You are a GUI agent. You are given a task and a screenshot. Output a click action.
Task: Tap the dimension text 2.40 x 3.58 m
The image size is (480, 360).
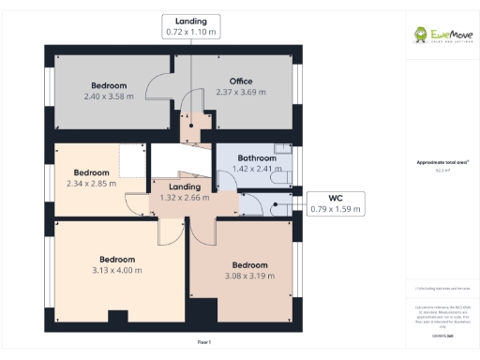click(108, 96)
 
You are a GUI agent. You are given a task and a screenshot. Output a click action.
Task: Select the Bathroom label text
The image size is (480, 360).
click(257, 158)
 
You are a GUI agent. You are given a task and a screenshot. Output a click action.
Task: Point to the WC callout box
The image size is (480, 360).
click(335, 203)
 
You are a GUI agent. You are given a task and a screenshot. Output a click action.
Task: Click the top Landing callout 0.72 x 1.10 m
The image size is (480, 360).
click(191, 26)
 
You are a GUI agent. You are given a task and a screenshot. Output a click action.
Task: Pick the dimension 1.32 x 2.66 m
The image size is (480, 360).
click(185, 198)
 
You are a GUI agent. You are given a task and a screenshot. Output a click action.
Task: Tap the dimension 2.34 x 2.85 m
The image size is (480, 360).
click(91, 184)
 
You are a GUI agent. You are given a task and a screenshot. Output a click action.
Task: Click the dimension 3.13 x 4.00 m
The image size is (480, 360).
click(118, 269)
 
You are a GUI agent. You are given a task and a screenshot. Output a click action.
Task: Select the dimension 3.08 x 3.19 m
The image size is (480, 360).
click(250, 276)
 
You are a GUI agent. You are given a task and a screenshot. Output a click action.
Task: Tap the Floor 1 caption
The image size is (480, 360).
click(203, 343)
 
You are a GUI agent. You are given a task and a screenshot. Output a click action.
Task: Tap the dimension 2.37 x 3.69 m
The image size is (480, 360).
click(241, 93)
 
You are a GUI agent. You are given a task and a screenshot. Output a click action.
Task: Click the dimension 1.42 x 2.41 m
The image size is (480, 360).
click(257, 170)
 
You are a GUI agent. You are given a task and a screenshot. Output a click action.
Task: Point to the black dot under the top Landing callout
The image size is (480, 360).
click(191, 120)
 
